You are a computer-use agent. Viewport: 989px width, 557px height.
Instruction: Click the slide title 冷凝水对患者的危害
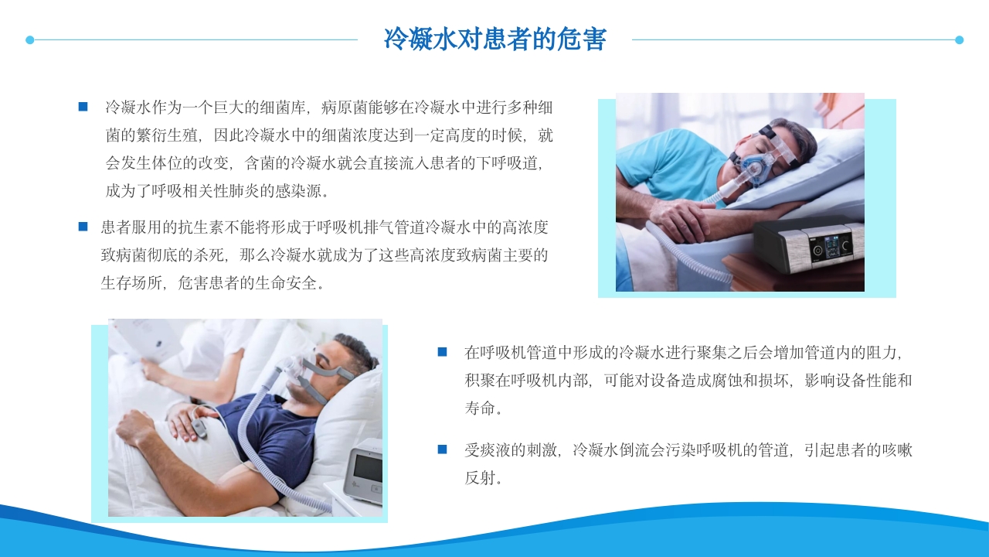tap(494, 39)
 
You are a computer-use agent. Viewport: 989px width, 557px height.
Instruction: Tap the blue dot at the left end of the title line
tap(29, 39)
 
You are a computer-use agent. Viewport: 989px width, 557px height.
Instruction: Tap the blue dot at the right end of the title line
tap(960, 39)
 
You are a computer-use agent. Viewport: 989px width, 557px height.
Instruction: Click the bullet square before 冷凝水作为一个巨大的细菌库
tap(83, 107)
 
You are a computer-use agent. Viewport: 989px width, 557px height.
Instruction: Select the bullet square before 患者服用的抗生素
tap(83, 227)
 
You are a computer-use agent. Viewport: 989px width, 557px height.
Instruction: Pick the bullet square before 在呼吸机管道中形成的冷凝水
tap(442, 352)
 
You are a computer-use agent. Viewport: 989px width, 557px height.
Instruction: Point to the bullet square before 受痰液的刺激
tap(442, 449)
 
